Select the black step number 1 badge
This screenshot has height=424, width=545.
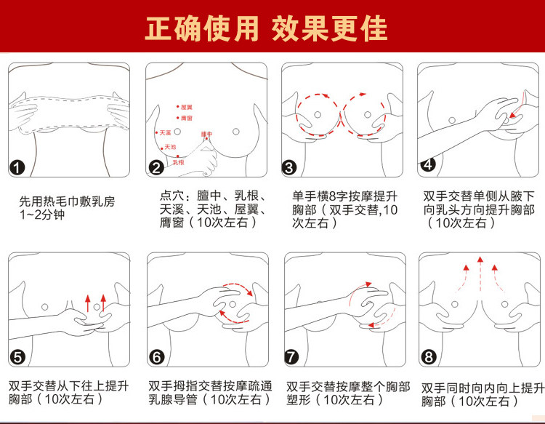click(x=19, y=168)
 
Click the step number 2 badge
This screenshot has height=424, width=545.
click(x=156, y=168)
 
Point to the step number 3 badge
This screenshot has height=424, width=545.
click(x=290, y=168)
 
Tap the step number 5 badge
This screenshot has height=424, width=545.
click(x=19, y=357)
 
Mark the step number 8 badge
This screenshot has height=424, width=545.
click(x=428, y=357)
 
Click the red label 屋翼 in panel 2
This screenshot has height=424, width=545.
click(x=187, y=107)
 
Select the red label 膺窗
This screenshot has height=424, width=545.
click(x=187, y=118)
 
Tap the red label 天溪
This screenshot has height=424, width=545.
click(x=165, y=133)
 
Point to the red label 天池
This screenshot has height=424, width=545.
click(x=171, y=147)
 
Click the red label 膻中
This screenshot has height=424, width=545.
click(x=206, y=135)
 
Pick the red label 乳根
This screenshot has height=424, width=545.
click(x=179, y=162)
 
